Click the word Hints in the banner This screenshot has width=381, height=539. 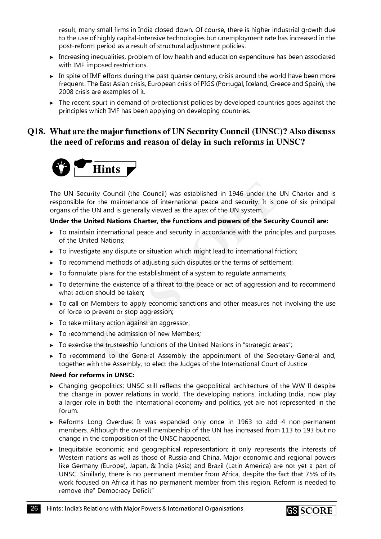tap(106, 169)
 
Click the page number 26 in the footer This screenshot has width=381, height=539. tap(35, 509)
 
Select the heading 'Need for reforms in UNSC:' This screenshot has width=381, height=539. tap(92, 375)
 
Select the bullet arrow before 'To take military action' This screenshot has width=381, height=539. tap(52, 323)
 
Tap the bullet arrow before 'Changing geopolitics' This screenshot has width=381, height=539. tap(52, 386)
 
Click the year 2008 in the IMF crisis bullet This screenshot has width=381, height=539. tap(66, 92)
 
